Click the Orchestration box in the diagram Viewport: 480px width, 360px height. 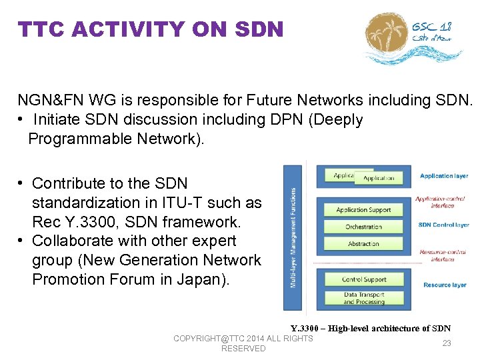click(363, 227)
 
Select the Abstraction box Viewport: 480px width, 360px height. click(363, 244)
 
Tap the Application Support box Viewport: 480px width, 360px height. click(363, 209)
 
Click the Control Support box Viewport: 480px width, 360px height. click(363, 279)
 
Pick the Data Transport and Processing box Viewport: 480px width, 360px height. click(363, 298)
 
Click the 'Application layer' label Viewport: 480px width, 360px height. click(444, 176)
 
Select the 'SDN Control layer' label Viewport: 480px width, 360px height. click(444, 225)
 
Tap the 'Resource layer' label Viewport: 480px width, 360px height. click(445, 285)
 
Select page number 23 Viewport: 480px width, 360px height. click(447, 343)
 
